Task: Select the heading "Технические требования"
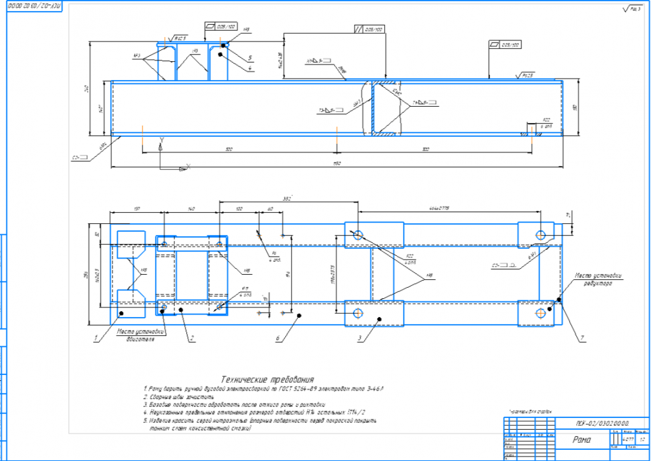[268, 379]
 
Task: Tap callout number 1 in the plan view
[96, 338]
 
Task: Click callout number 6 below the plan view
[277, 339]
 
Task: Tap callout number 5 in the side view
[250, 57]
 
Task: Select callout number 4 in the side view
[250, 68]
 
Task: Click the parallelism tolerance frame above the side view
[368, 29]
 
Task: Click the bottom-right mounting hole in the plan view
[540, 313]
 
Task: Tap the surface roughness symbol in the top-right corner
[630, 8]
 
